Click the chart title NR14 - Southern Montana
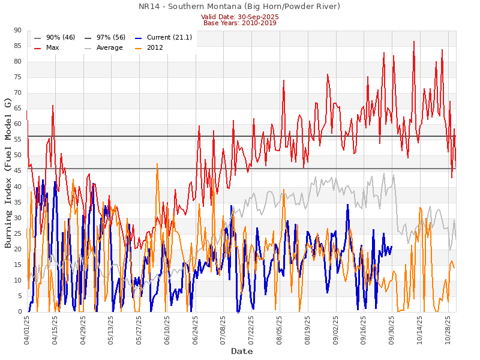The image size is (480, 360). point(239,7)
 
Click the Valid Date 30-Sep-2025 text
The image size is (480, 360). point(239,17)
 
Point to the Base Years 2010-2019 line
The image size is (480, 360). point(239,23)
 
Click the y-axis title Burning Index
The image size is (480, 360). point(8,172)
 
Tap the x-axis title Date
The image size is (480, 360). point(242,352)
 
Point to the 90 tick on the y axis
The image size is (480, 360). point(17,31)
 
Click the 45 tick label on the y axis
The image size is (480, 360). point(17,171)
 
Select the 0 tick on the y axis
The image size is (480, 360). point(19,312)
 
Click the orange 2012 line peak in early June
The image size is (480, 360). point(157,163)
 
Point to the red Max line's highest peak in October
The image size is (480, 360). point(414,41)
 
